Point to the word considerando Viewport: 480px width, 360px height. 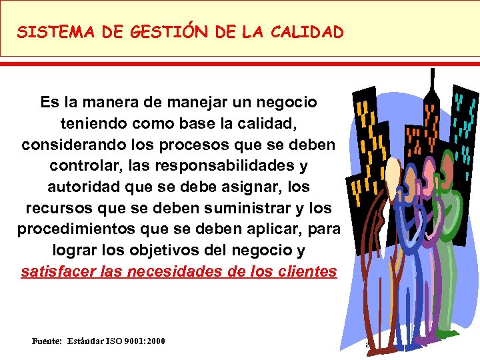click(73, 144)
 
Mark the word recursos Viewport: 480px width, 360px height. click(58, 207)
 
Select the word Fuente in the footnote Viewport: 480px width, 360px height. click(47, 341)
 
